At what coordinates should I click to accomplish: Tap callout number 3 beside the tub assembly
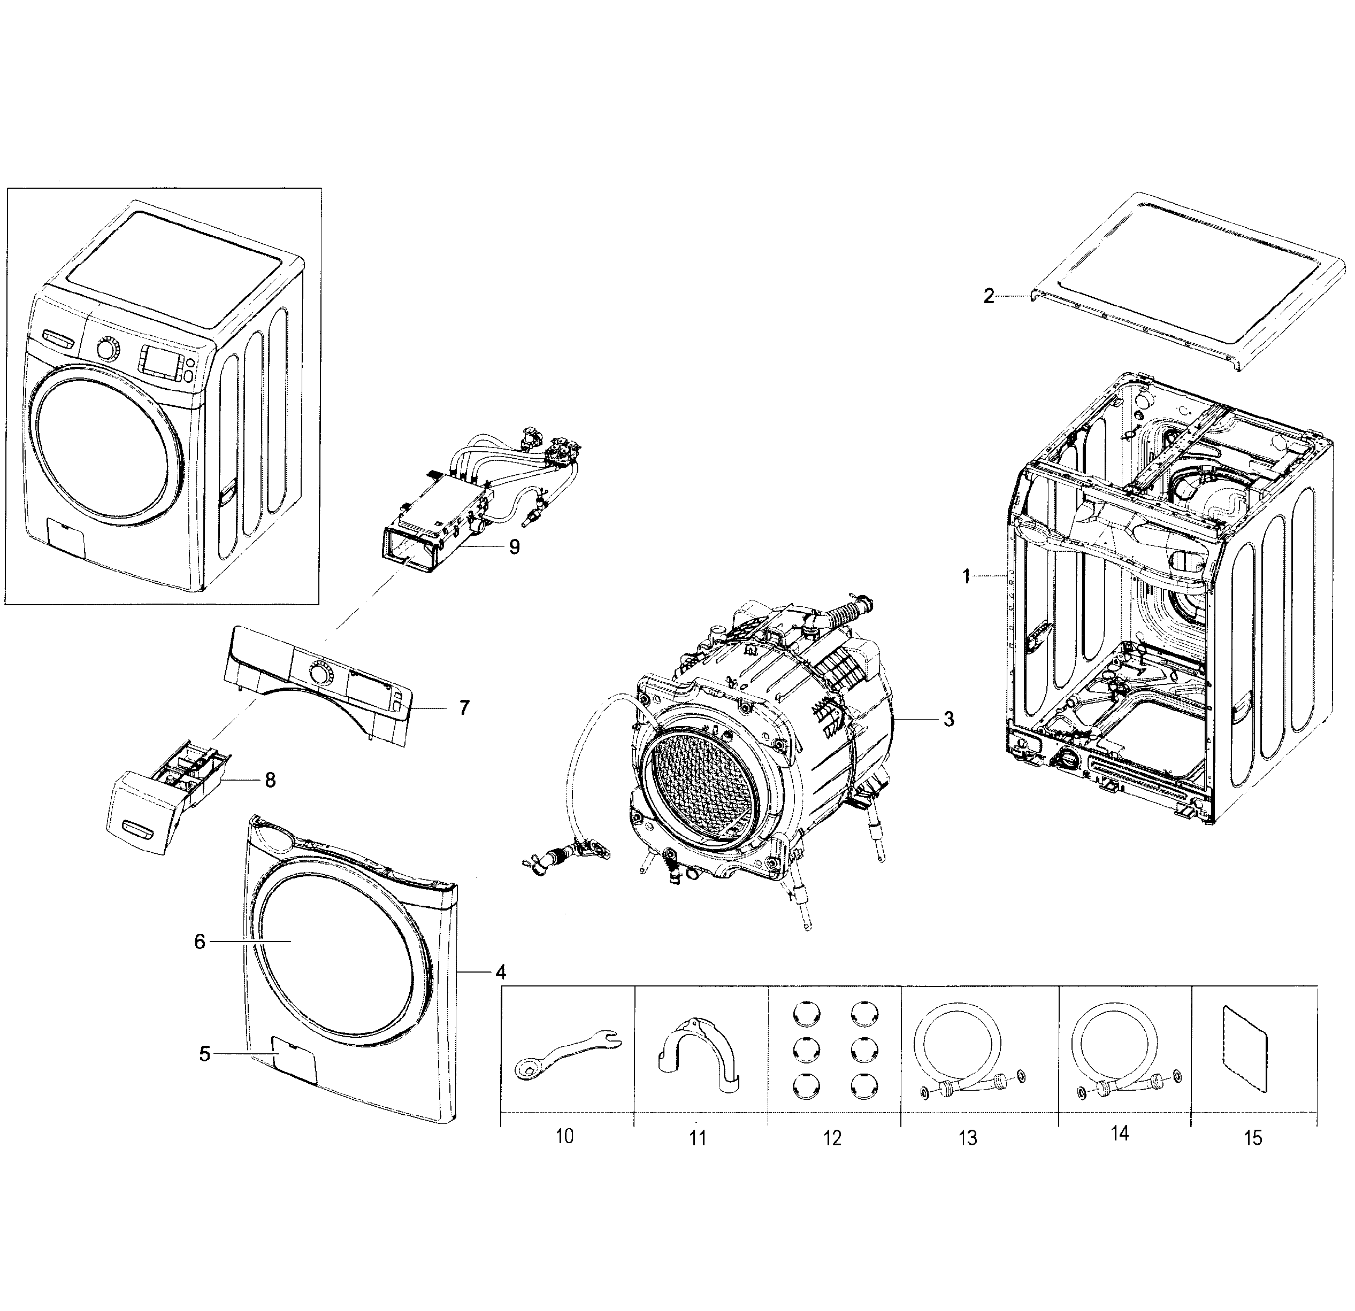pyautogui.click(x=948, y=720)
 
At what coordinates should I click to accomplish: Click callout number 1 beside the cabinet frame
pyautogui.click(x=967, y=576)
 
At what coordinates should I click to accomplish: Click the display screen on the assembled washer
pyautogui.click(x=160, y=361)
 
